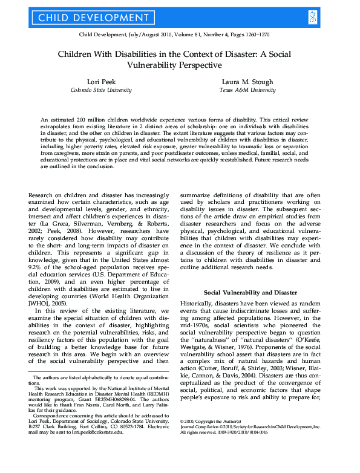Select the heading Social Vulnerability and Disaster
tap(254, 292)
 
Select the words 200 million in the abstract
tap(83, 121)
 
